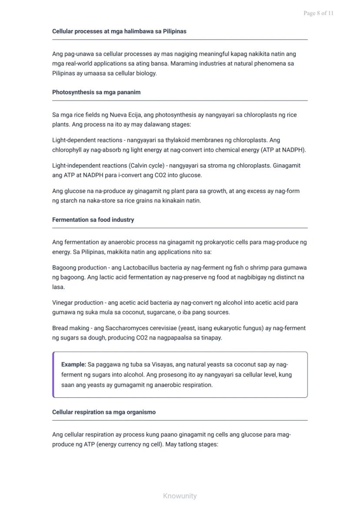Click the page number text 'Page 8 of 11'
click(x=318, y=13)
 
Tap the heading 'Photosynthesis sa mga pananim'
click(x=96, y=92)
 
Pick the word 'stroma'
click(x=225, y=166)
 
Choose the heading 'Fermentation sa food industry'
click(x=93, y=220)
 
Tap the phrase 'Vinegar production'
click(x=77, y=303)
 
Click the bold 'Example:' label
click(x=73, y=364)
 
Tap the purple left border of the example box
click(x=53, y=375)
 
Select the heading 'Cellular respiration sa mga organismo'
click(x=104, y=412)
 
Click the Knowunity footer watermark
click(x=180, y=496)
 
